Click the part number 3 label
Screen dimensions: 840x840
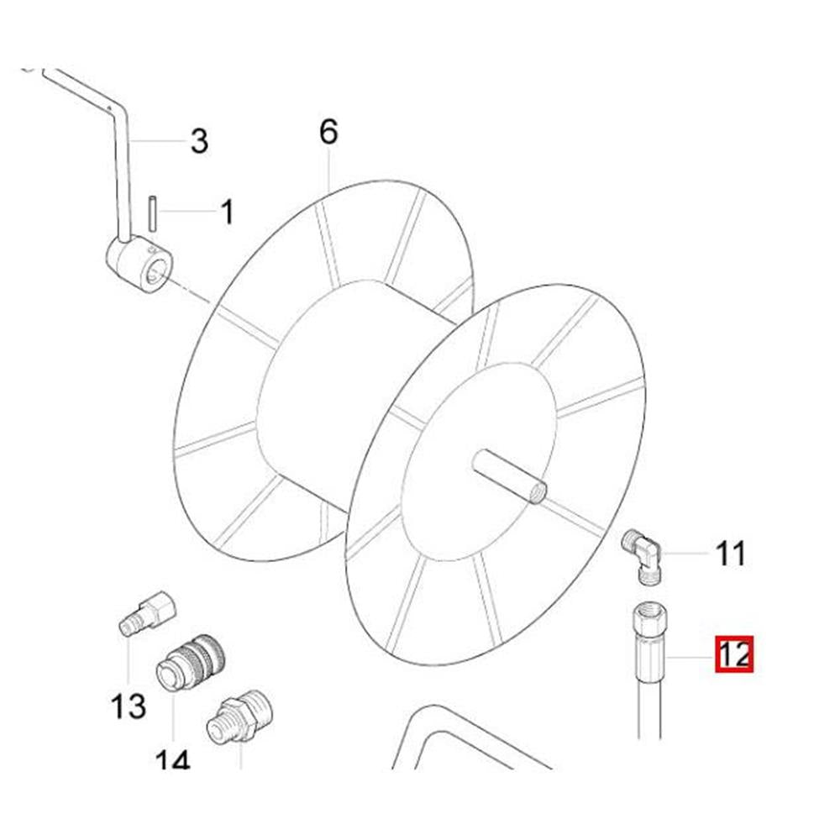(x=198, y=141)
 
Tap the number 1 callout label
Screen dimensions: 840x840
(x=227, y=213)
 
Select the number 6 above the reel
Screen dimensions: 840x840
(x=328, y=133)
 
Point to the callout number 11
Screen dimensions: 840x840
(x=731, y=554)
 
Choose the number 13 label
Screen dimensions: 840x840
(x=129, y=706)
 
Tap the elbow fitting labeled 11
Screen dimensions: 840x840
(x=643, y=555)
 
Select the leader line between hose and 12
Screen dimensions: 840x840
(x=691, y=656)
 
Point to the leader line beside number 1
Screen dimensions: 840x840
(x=189, y=212)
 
